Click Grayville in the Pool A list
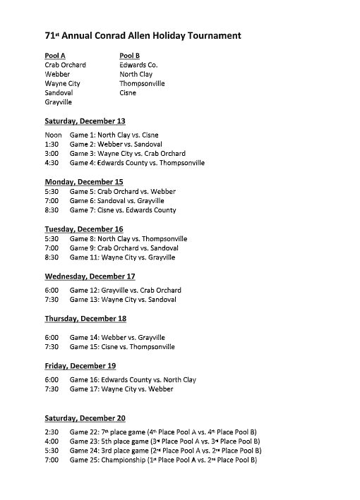pyautogui.click(x=59, y=102)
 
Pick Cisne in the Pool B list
pyautogui.click(x=128, y=92)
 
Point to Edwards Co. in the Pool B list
pyautogui.click(x=138, y=65)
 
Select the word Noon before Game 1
pyautogui.click(x=54, y=135)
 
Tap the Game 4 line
pyautogui.click(x=137, y=163)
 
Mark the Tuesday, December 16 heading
pyautogui.click(x=84, y=229)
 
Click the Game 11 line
pyautogui.click(x=122, y=257)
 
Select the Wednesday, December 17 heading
pyautogui.click(x=90, y=276)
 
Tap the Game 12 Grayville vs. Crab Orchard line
pyautogui.click(x=125, y=290)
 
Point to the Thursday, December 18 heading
pyautogui.click(x=85, y=319)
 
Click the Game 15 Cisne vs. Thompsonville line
pyautogui.click(x=122, y=347)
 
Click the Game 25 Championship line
pyautogui.click(x=163, y=460)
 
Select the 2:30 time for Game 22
pyautogui.click(x=52, y=432)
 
